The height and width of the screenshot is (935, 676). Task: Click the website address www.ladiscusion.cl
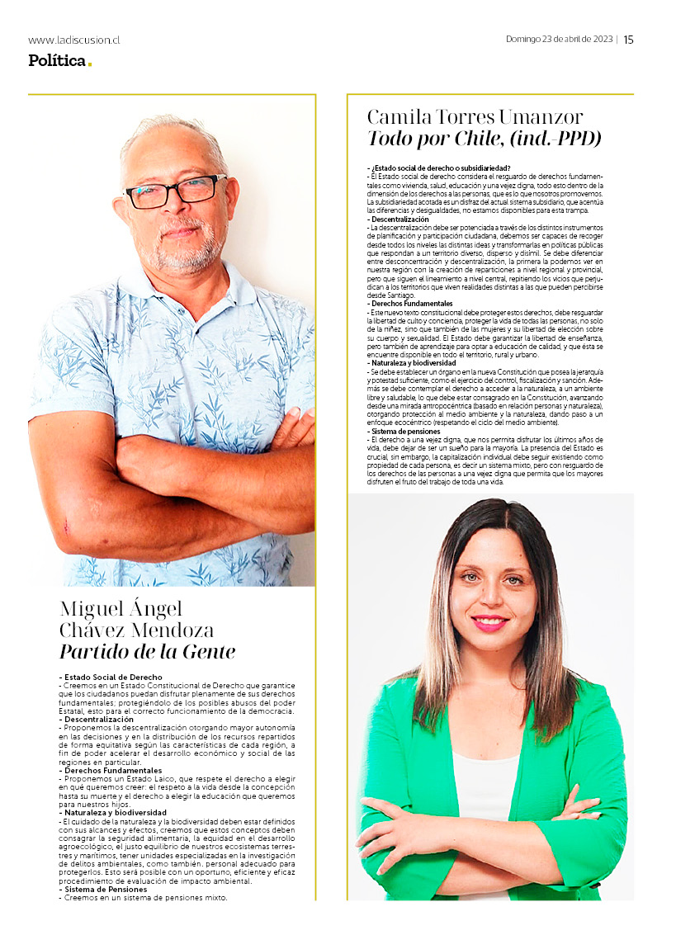point(74,40)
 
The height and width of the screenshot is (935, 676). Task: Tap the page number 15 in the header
point(628,40)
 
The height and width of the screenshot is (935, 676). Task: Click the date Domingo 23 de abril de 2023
point(559,40)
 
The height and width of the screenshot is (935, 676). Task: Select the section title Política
point(56,60)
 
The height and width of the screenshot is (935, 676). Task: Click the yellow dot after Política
point(89,64)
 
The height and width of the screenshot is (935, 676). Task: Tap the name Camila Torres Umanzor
point(475,116)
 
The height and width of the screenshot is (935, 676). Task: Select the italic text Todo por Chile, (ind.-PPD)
point(484,138)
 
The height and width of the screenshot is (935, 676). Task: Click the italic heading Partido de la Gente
point(147,652)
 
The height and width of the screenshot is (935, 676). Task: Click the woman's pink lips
point(490,623)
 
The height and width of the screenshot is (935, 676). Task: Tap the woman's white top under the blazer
point(487,784)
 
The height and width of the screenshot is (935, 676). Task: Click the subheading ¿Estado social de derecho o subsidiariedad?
point(440,168)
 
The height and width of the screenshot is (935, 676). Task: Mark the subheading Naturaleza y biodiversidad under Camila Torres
point(413,362)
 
